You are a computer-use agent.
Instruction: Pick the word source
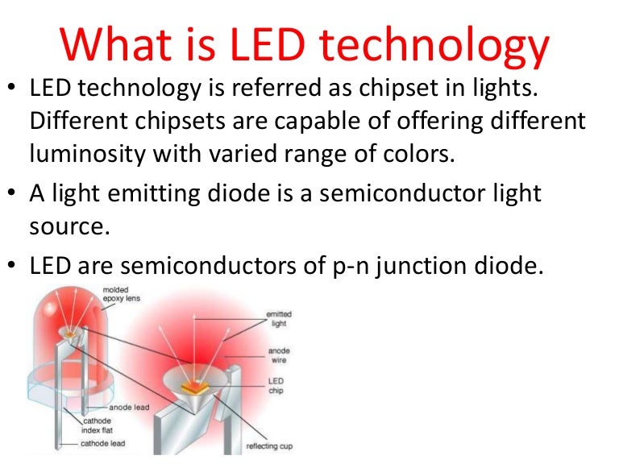click(68, 225)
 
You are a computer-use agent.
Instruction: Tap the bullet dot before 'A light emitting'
click(15, 194)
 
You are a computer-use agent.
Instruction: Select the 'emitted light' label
click(279, 318)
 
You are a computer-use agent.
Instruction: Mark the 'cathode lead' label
click(102, 444)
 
